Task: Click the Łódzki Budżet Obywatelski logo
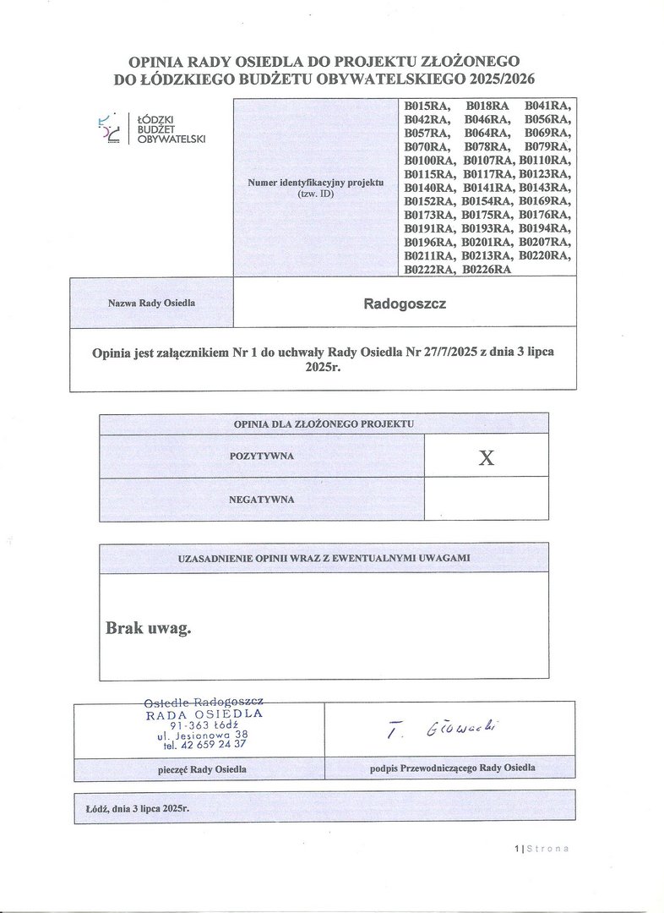(152, 128)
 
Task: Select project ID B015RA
(427, 107)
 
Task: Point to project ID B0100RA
(430, 160)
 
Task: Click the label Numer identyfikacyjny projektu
(315, 183)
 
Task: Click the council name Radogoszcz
(405, 302)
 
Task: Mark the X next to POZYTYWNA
(486, 457)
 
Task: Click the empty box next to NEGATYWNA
(486, 500)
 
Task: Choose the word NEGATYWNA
(261, 500)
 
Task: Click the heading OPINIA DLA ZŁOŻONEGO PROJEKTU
(324, 423)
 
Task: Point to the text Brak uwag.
(149, 628)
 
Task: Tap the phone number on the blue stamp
(205, 745)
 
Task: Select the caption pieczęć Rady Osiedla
(202, 769)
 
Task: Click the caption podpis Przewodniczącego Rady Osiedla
(452, 768)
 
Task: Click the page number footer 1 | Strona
(542, 849)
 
